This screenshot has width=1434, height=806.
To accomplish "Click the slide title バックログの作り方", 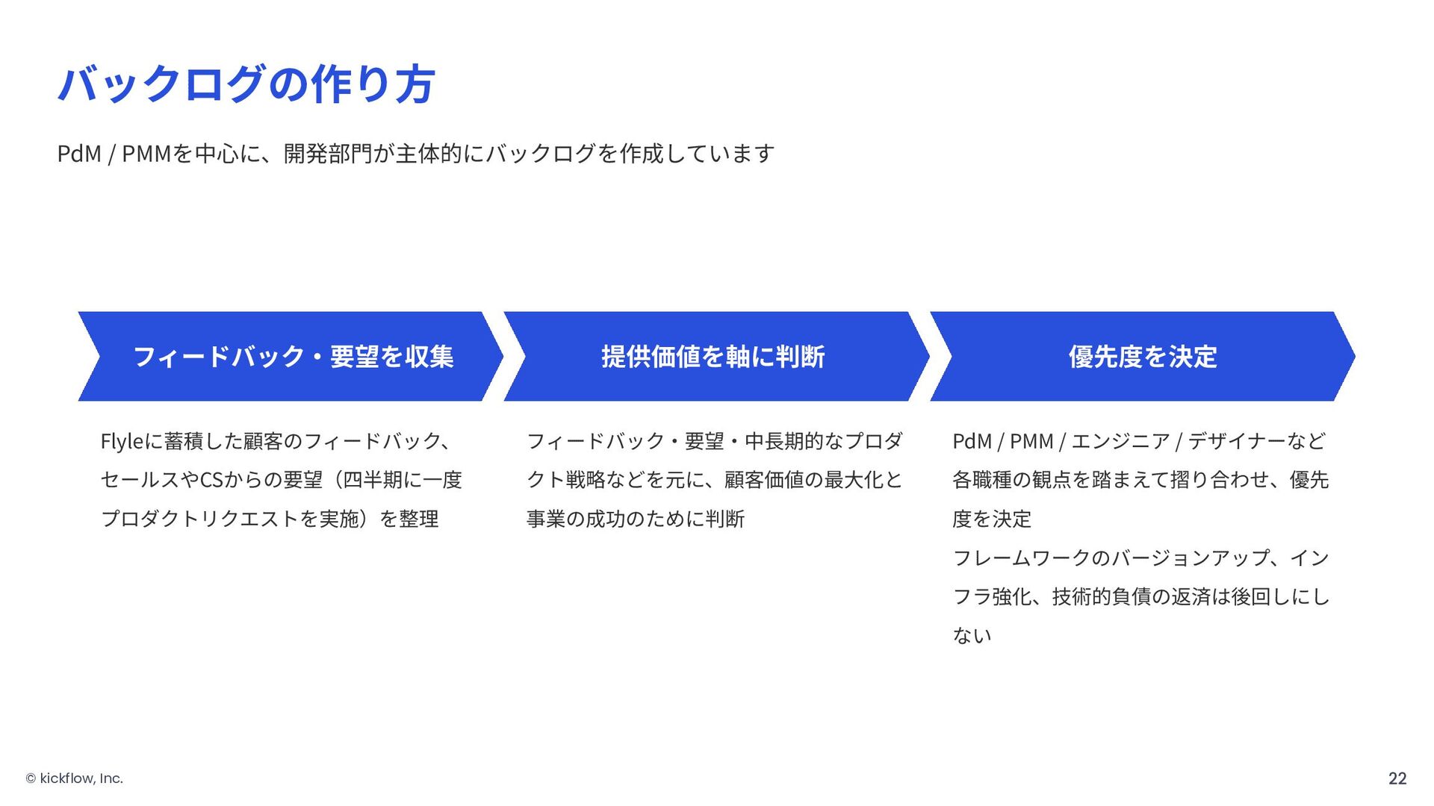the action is point(246,84).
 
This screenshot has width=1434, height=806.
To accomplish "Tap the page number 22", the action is point(1397,778).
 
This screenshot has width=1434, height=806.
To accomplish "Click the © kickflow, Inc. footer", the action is point(75,778).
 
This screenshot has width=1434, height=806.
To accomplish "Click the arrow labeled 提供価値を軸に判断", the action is point(713,357).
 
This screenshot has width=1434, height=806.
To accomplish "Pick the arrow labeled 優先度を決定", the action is point(1143,357).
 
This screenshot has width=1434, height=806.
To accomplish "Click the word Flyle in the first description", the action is point(121,441).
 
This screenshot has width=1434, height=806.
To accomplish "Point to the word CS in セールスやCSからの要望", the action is point(211,480).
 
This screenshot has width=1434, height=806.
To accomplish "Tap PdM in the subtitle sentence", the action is point(79,154).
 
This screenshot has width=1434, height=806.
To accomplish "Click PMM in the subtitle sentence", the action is point(146,154).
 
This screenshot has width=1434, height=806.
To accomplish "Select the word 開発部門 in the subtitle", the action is point(328,154).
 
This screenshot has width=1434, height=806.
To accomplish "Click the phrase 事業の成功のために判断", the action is point(636,519).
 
